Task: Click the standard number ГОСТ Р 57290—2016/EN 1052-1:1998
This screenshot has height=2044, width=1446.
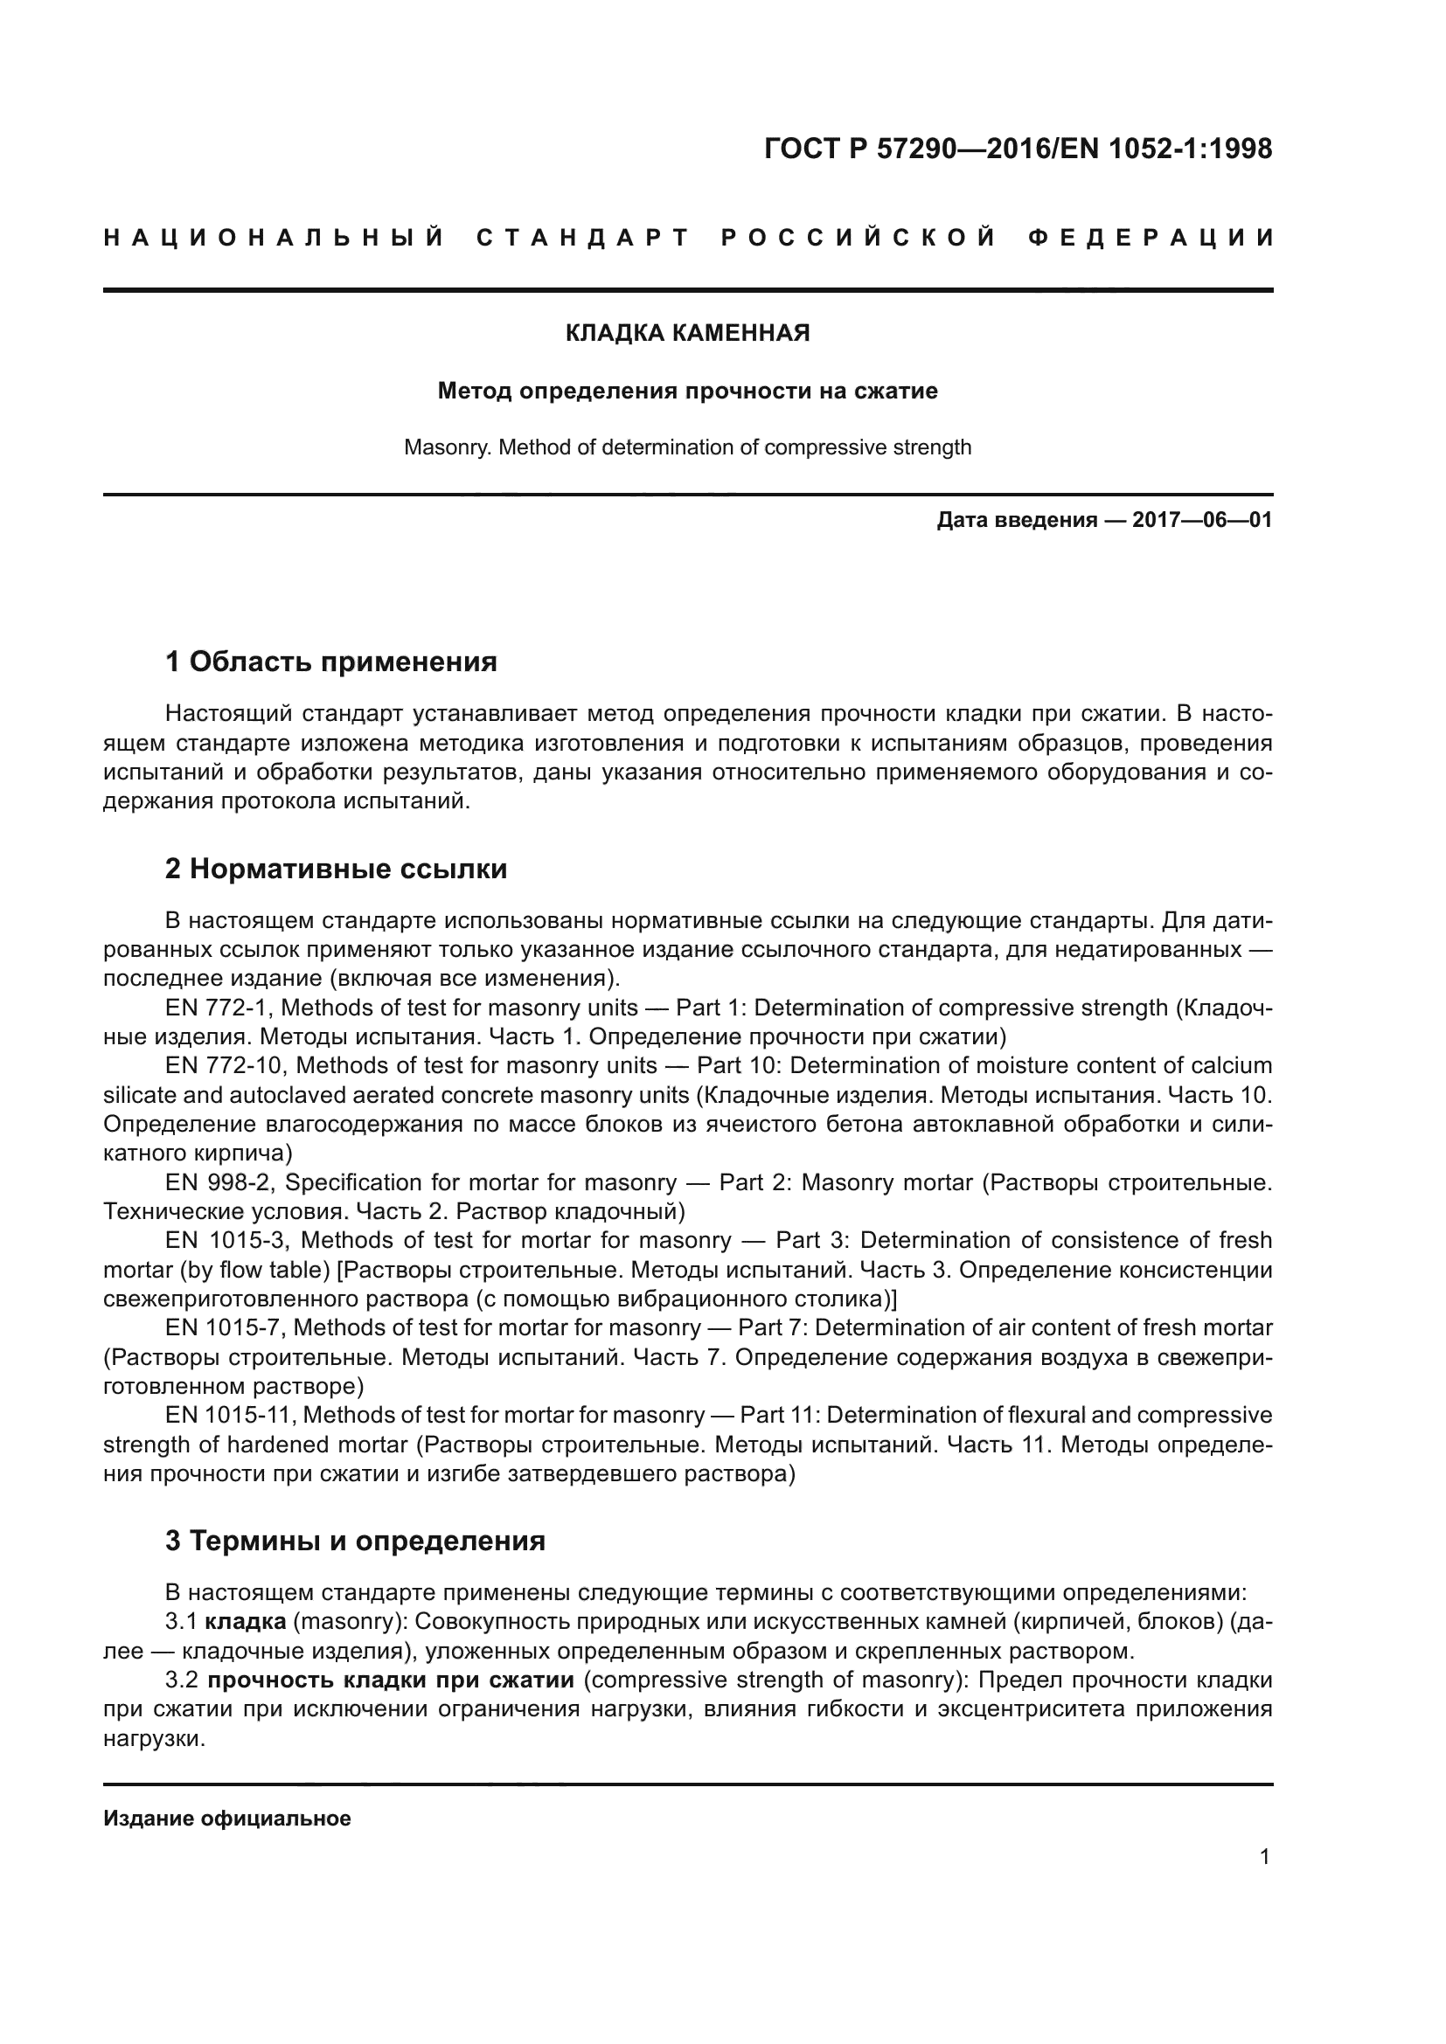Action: [x=1018, y=149]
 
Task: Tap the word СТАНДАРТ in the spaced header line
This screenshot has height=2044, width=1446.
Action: [x=583, y=238]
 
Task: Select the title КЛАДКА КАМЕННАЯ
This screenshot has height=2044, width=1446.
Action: [x=687, y=334]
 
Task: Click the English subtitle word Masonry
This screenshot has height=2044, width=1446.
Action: [x=447, y=447]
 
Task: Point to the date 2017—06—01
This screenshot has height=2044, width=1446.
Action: [x=1201, y=520]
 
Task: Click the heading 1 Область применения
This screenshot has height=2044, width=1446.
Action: [x=330, y=662]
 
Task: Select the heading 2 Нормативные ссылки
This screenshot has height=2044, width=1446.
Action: [x=336, y=869]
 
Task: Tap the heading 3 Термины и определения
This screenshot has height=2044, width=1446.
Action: [x=354, y=1541]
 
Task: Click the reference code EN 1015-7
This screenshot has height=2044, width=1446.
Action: [x=223, y=1327]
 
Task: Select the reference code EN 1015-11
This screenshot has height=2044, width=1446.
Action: [x=228, y=1415]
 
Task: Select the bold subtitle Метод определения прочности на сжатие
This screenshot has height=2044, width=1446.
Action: [x=687, y=391]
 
